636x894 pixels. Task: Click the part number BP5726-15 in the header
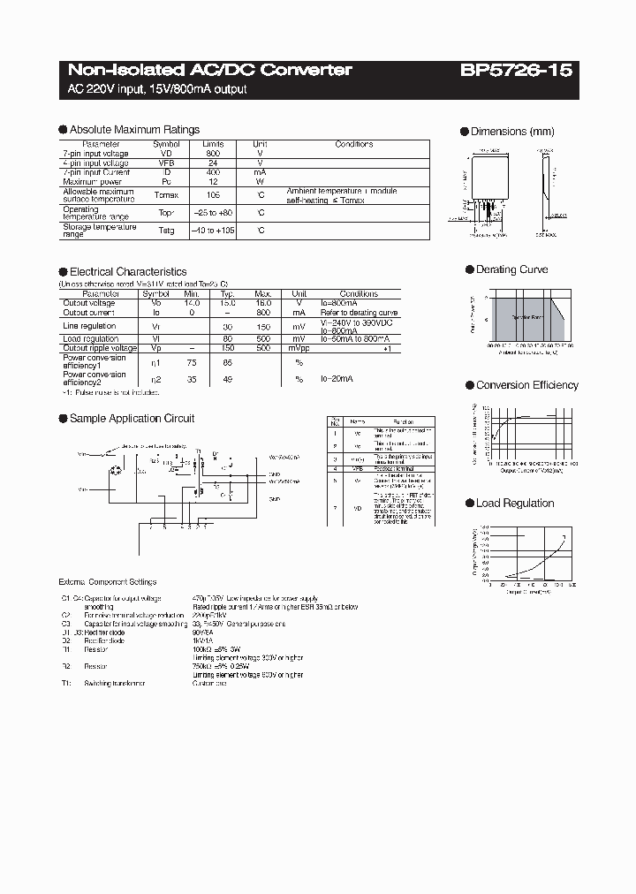516,70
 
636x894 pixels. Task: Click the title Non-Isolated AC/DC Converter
210,70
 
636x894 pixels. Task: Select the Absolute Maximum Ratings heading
133,129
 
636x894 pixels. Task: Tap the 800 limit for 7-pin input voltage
213,154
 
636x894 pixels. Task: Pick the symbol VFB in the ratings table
166,163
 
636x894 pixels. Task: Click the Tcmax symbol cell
166,195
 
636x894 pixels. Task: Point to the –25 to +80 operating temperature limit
213,213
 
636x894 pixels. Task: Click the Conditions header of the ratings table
354,144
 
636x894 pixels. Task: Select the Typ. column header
227,293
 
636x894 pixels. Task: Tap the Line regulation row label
90,326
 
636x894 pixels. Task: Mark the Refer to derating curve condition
360,313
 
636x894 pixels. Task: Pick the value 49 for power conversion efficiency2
227,378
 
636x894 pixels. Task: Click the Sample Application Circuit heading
132,418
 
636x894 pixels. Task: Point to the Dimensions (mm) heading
512,132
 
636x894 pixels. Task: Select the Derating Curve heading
511,269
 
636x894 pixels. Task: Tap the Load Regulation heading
515,503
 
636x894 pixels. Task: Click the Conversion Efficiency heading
526,385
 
